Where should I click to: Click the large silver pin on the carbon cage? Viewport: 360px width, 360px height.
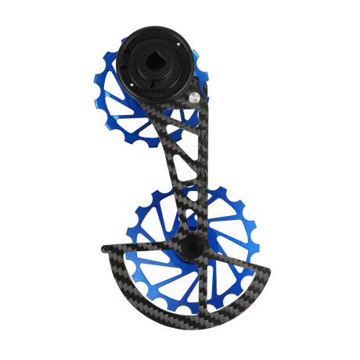193,99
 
